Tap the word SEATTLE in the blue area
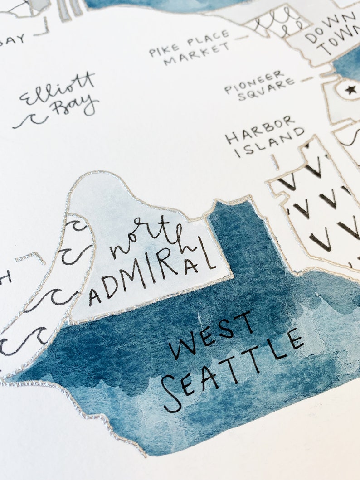(231, 369)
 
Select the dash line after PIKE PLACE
(243, 37)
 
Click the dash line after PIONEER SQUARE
(307, 79)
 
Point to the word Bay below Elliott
(74, 107)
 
